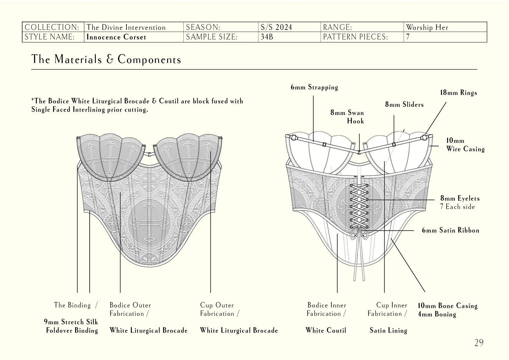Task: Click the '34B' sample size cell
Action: (x=267, y=37)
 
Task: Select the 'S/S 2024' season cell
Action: (x=276, y=27)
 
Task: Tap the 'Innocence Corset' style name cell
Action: (x=116, y=37)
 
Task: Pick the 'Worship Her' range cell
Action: (x=427, y=27)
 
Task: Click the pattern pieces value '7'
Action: (x=408, y=37)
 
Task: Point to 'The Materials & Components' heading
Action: (x=106, y=59)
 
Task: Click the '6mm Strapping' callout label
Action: (x=314, y=87)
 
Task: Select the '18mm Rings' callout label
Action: (x=459, y=93)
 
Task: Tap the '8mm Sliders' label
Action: (x=404, y=105)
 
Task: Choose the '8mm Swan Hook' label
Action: (x=347, y=117)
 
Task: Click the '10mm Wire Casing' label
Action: (x=465, y=145)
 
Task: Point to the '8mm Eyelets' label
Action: (x=460, y=199)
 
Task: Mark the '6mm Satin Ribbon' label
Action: (x=450, y=230)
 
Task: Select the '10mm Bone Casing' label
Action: (x=447, y=306)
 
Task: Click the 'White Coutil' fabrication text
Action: (x=326, y=330)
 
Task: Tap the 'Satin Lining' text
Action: (x=388, y=330)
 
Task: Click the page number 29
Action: (x=479, y=343)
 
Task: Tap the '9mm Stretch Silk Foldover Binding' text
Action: (x=71, y=326)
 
